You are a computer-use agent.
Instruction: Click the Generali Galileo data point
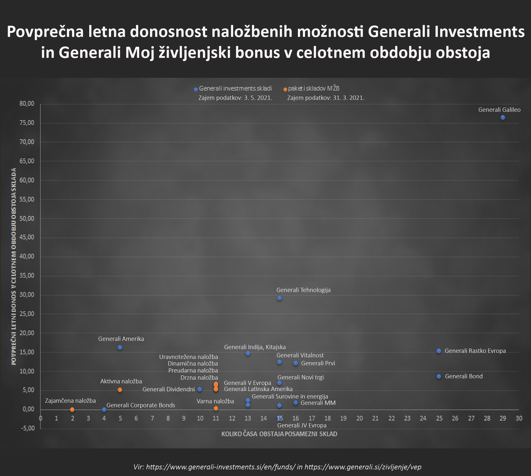pyautogui.click(x=503, y=117)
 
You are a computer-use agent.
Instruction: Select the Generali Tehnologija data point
pyautogui.click(x=279, y=298)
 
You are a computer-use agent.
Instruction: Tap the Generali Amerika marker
pyautogui.click(x=120, y=348)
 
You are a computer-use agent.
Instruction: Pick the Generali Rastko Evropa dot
pyautogui.click(x=439, y=351)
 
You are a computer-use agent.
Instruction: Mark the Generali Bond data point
pyautogui.click(x=439, y=376)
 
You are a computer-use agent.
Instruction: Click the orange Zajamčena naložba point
pyautogui.click(x=72, y=410)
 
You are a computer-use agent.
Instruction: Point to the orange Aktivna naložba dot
pyautogui.click(x=120, y=390)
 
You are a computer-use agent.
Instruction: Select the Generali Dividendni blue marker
pyautogui.click(x=200, y=389)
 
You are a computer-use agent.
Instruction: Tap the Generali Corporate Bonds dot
pyautogui.click(x=104, y=410)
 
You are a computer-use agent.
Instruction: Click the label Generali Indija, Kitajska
pyautogui.click(x=255, y=347)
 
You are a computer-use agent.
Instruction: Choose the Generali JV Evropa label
pyautogui.click(x=302, y=425)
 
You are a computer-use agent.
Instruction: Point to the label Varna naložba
pyautogui.click(x=215, y=401)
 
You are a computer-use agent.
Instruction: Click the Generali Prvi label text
pyautogui.click(x=318, y=363)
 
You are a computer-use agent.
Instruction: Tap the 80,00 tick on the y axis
pyautogui.click(x=27, y=104)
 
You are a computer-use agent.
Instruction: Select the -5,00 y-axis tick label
pyautogui.click(x=28, y=428)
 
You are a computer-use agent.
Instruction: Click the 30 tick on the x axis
pyautogui.click(x=519, y=418)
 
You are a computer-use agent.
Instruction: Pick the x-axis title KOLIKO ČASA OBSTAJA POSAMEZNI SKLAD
pyautogui.click(x=279, y=434)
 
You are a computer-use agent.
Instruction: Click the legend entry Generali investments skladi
pyautogui.click(x=235, y=88)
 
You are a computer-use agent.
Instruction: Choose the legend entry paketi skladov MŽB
pyautogui.click(x=314, y=88)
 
